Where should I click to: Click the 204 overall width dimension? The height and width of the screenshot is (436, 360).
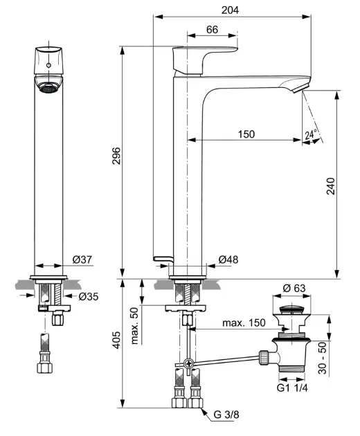coord(230,10)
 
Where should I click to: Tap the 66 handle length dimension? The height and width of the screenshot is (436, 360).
coord(213,30)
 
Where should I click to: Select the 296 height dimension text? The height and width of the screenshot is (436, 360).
coord(116,156)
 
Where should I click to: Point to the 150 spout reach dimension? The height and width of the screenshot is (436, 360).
coord(246,134)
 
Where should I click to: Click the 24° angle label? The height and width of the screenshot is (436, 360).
coord(311,134)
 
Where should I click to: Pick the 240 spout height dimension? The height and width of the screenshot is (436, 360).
coord(331,186)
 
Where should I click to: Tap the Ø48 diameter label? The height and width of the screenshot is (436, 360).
coord(228,260)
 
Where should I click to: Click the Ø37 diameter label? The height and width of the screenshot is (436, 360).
coord(82,260)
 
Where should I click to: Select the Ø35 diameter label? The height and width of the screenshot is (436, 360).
coord(89,296)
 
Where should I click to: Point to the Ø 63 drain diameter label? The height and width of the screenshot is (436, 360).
coord(294,288)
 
